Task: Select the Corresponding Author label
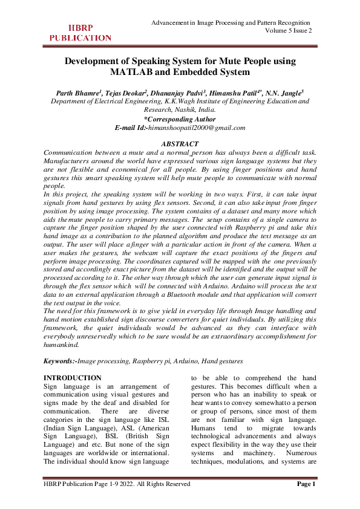(180, 119)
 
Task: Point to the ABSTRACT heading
(180, 144)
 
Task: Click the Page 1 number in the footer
(306, 484)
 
